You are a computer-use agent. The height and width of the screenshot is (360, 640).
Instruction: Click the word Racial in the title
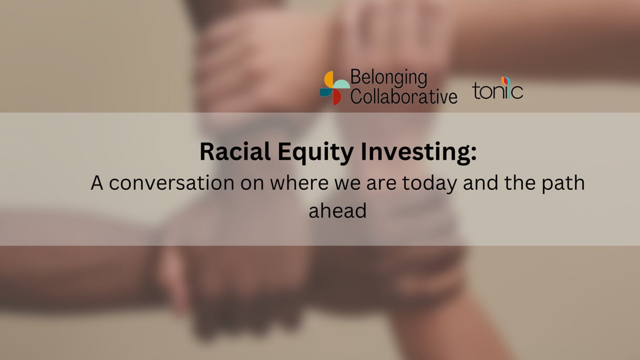pos(235,151)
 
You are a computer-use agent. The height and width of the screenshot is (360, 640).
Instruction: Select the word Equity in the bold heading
pos(315,153)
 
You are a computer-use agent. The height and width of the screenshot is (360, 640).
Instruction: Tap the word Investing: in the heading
pos(419,153)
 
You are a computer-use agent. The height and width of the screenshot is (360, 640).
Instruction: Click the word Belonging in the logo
pos(389,78)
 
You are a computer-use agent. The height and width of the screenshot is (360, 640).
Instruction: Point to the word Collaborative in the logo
pos(404,96)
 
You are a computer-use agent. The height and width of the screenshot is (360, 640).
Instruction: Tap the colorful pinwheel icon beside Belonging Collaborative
pos(335,88)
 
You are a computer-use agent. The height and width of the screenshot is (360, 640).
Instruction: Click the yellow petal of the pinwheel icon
pos(328,79)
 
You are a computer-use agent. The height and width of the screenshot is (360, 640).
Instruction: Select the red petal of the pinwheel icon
pos(337,97)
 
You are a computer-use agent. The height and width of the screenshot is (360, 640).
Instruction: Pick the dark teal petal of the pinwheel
pos(326,92)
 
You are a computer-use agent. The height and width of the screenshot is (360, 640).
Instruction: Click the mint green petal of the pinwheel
pos(342,84)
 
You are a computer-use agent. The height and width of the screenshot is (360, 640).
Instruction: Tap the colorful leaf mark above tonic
pos(505,81)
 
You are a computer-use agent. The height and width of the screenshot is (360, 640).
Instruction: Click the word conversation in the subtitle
pos(171,183)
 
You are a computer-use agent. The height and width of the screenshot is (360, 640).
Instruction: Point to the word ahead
pos(337,211)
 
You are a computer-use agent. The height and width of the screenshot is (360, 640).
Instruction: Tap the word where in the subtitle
pos(299,182)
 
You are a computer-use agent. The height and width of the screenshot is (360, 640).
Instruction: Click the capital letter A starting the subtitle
pos(97,182)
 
